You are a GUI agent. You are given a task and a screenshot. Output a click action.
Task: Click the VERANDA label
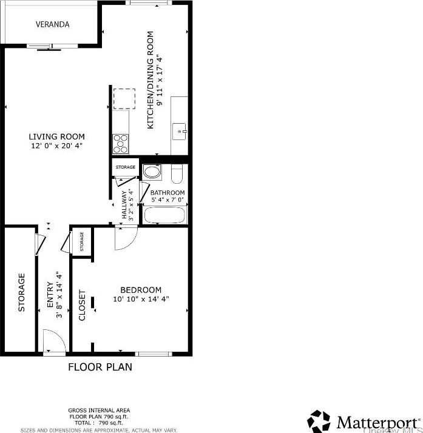coord(52,25)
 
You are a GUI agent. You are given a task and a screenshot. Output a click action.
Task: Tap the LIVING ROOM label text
coord(58,137)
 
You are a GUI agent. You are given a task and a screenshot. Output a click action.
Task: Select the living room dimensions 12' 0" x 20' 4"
coord(58,146)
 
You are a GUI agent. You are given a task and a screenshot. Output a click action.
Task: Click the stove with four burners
coord(121,143)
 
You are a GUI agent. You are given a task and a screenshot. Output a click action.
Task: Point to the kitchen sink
coord(179,130)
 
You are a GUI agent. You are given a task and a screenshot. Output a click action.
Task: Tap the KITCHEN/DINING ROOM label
coord(150,79)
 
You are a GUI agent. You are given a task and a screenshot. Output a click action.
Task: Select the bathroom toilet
coord(177,173)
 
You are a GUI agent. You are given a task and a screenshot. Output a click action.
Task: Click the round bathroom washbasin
coord(152,172)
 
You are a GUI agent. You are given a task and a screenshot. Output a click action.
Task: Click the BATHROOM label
coord(168,193)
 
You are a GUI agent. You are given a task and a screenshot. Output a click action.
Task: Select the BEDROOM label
coord(140,290)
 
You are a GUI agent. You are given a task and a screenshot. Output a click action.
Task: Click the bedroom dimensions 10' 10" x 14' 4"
coord(140,299)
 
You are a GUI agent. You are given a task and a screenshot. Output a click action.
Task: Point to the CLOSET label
coord(83,304)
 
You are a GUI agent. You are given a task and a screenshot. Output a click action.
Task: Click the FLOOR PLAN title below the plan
coord(100,367)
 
